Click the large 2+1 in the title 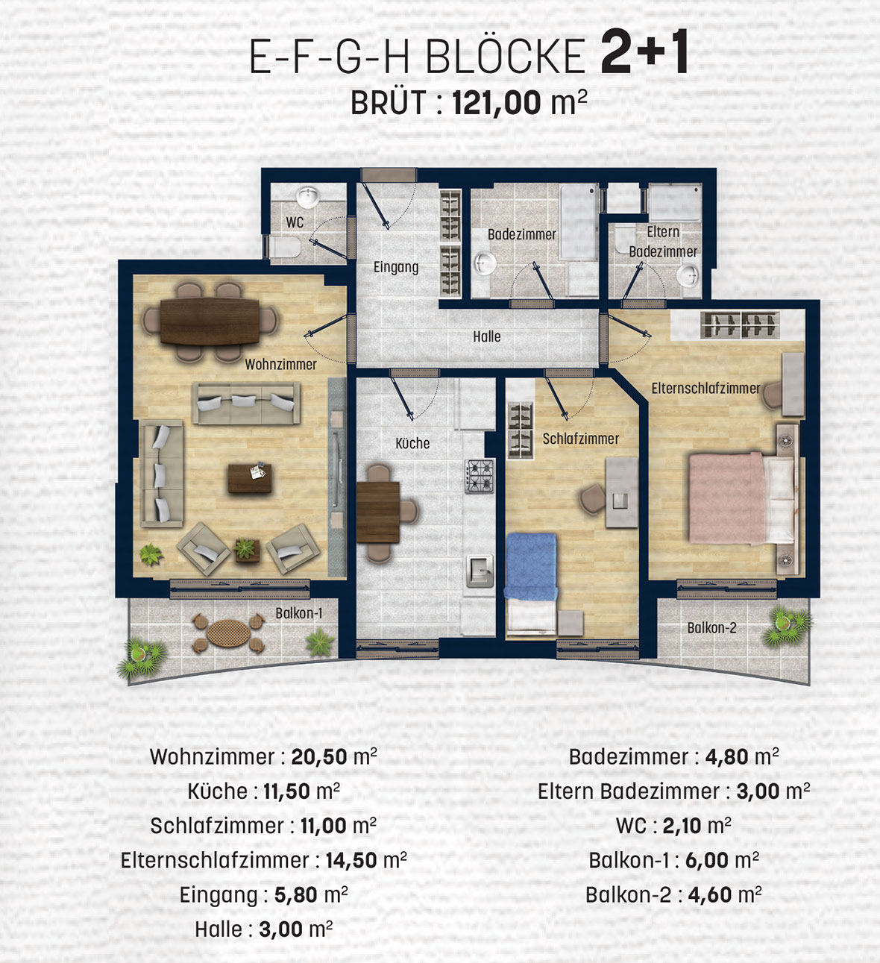[x=645, y=51]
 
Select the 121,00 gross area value [x=497, y=102]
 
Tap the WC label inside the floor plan [x=295, y=222]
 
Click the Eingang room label [x=396, y=267]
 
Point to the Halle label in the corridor [x=487, y=336]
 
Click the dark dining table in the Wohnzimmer [x=210, y=321]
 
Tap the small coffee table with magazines [x=250, y=477]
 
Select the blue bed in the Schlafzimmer [x=530, y=566]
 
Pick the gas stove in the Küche [x=479, y=476]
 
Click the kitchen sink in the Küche [x=480, y=571]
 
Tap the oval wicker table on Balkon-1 [x=228, y=633]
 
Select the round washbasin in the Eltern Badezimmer [x=688, y=277]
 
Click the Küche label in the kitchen [x=412, y=443]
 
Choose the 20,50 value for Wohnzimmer [x=319, y=757]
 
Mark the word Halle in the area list [x=219, y=929]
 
